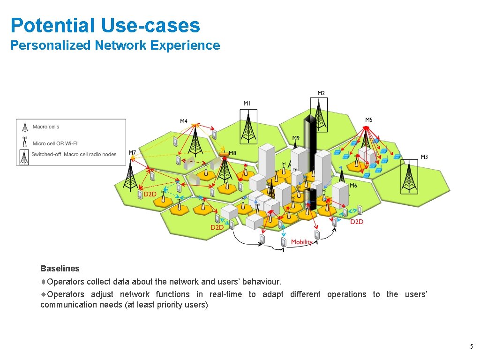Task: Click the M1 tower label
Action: click(247, 103)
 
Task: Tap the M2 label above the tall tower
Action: click(321, 93)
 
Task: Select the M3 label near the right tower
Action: click(424, 157)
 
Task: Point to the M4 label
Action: click(184, 121)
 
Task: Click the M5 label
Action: click(369, 120)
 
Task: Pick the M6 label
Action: click(353, 186)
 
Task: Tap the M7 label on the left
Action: click(132, 153)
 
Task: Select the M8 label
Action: click(232, 153)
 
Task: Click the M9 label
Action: click(296, 138)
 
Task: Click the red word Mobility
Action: click(301, 242)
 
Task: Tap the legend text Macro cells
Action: click(46, 127)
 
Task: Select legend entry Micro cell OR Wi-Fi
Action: click(55, 143)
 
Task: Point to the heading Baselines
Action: click(60, 269)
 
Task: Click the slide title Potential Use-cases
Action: click(105, 25)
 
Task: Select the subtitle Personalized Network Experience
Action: click(115, 45)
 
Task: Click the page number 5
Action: click(472, 347)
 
